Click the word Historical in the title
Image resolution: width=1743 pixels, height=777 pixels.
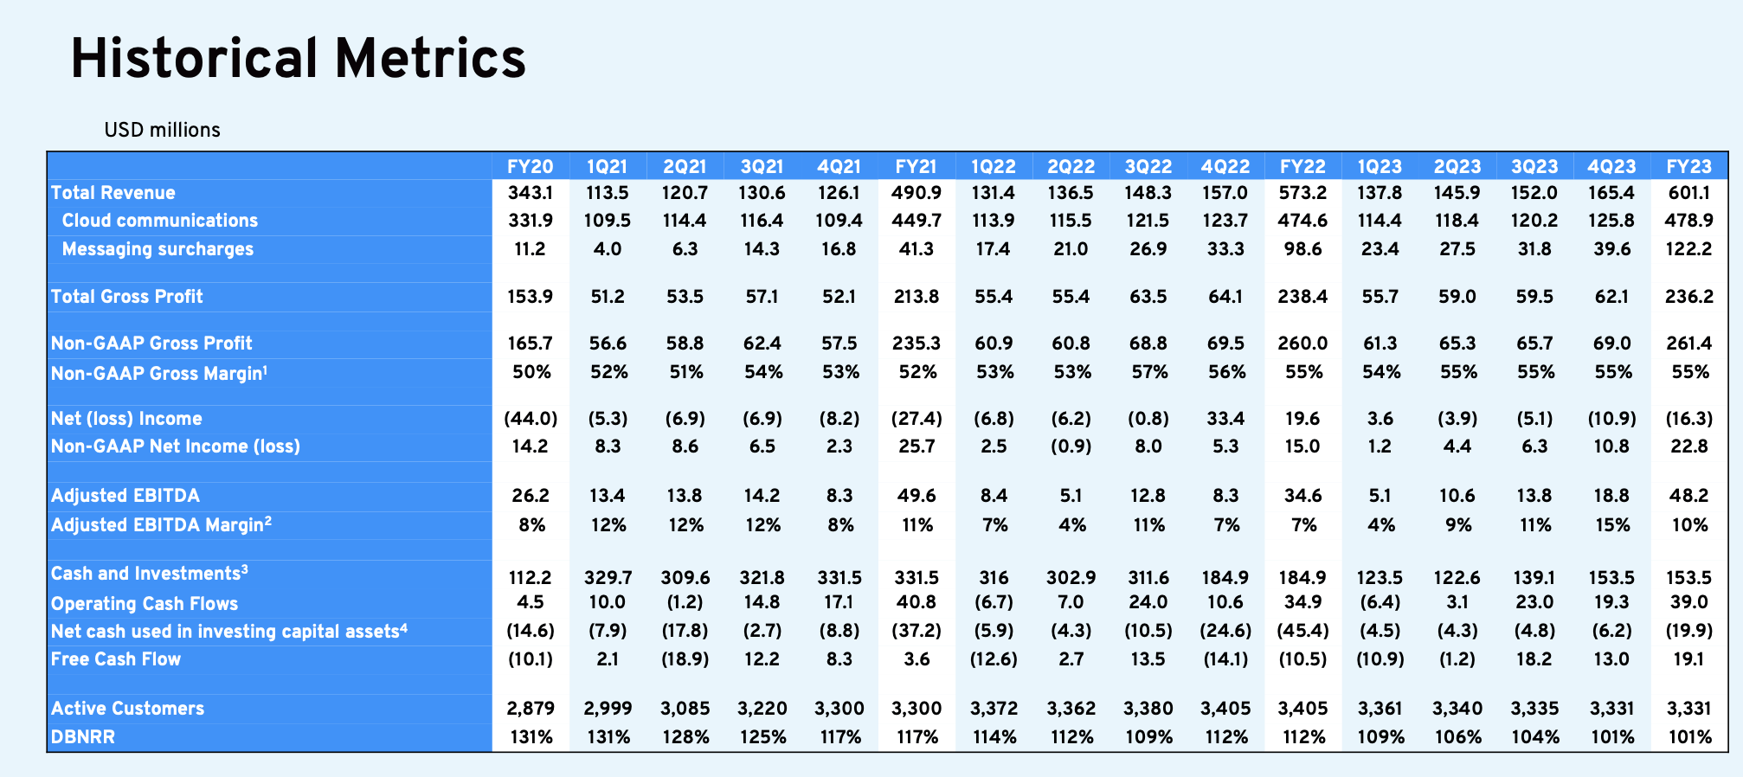coord(195,59)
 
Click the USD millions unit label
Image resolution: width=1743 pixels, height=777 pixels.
coord(162,130)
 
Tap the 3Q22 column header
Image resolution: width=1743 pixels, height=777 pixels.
coord(1148,166)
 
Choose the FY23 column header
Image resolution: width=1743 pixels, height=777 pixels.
coord(1689,166)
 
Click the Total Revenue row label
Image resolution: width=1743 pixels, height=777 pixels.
coord(113,193)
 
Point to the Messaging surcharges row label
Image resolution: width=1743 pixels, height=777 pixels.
coord(158,249)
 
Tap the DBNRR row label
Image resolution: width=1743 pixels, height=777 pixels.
coord(83,737)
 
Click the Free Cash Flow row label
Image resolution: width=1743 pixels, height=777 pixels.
coord(116,659)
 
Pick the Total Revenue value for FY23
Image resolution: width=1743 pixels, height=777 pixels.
coord(1689,193)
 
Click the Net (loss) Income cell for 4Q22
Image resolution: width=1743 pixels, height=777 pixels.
coord(1226,419)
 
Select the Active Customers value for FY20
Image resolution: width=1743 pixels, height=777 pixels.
coord(531,709)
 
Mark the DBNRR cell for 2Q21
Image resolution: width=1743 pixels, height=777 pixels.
coord(685,737)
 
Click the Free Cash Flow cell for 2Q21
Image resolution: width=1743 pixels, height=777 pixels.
coord(685,659)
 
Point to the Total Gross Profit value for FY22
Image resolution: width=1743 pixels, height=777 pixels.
coord(1302,297)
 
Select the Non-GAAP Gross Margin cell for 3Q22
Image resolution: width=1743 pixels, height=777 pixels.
coord(1148,372)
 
